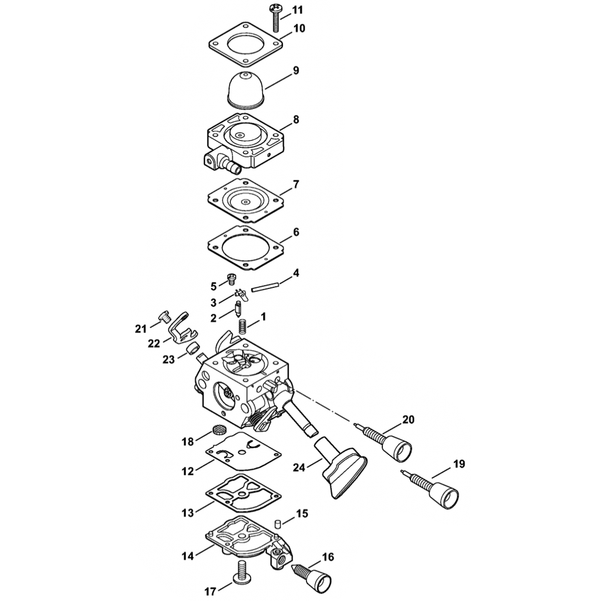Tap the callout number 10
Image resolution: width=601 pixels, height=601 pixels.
(x=299, y=28)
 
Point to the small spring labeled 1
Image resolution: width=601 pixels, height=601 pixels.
(x=242, y=326)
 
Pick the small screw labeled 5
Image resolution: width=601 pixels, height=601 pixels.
(x=231, y=279)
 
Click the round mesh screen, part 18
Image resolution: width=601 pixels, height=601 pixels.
(x=218, y=429)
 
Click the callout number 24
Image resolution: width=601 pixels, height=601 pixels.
(x=299, y=468)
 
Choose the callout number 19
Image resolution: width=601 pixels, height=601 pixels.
(x=459, y=464)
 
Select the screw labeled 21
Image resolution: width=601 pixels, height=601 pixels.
(x=164, y=317)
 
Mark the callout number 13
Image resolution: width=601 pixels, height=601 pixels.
(x=188, y=512)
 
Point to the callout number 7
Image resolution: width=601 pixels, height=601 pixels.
(x=296, y=185)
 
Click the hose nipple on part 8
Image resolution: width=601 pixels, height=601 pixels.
(x=231, y=166)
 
